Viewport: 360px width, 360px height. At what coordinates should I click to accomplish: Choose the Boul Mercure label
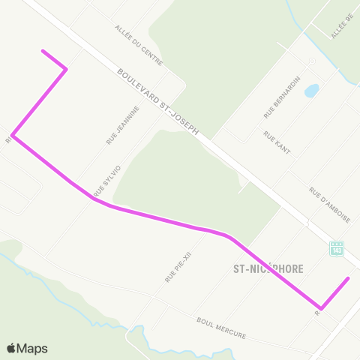pos(221,328)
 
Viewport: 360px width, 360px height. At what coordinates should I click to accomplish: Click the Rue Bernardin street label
pos(281,97)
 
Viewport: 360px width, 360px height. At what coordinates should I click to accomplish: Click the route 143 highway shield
pos(337,247)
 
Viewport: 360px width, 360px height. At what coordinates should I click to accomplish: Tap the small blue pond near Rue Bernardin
pos(311,91)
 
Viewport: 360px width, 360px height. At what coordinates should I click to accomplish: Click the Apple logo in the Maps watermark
pos(12,348)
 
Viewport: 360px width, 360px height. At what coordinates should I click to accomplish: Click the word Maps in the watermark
pos(34,348)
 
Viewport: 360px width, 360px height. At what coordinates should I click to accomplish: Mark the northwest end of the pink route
pos(43,51)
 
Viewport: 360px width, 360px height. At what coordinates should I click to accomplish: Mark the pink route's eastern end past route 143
pos(349,278)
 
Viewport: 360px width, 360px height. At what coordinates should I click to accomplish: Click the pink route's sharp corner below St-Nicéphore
pos(321,307)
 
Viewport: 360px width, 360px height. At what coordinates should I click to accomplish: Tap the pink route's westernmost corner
pos(13,136)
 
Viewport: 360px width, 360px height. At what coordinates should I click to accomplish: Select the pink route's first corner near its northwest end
pos(67,70)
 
